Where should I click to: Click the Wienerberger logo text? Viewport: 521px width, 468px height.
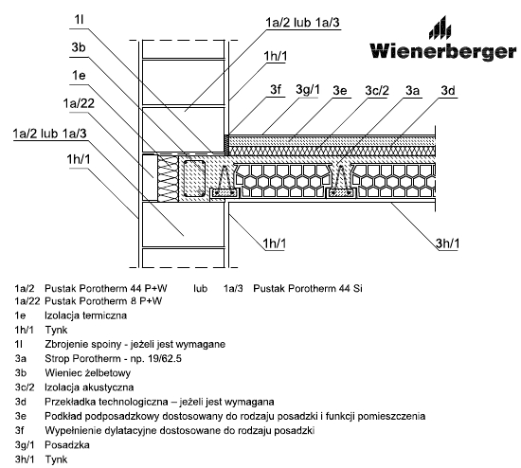(x=443, y=51)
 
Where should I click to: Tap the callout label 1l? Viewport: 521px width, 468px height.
(x=79, y=20)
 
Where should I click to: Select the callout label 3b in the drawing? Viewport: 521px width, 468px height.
(x=79, y=47)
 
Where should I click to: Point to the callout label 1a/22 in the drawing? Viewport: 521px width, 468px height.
(x=79, y=103)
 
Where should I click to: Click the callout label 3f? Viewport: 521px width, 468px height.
(x=276, y=90)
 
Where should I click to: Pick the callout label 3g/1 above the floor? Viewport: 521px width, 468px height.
(x=308, y=90)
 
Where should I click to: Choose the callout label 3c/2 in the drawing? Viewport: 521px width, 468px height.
(x=377, y=90)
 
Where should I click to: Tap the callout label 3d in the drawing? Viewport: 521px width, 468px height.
(x=447, y=90)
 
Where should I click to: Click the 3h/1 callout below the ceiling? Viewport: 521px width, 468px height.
(x=447, y=243)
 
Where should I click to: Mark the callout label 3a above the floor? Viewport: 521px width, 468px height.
(x=412, y=90)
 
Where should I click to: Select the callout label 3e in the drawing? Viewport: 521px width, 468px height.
(x=340, y=90)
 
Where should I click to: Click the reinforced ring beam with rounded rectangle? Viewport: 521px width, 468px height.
(x=194, y=178)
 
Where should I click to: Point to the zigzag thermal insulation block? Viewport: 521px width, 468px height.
(x=168, y=178)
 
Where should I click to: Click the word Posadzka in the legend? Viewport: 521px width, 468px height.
(x=67, y=444)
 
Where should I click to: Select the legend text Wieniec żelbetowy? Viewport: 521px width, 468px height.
(x=88, y=373)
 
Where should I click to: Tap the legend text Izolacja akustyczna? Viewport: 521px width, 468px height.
(x=89, y=387)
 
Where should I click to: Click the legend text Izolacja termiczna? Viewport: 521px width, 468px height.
(x=85, y=315)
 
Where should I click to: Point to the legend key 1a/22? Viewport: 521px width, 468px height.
(x=27, y=301)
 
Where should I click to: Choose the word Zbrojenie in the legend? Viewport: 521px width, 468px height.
(x=66, y=344)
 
